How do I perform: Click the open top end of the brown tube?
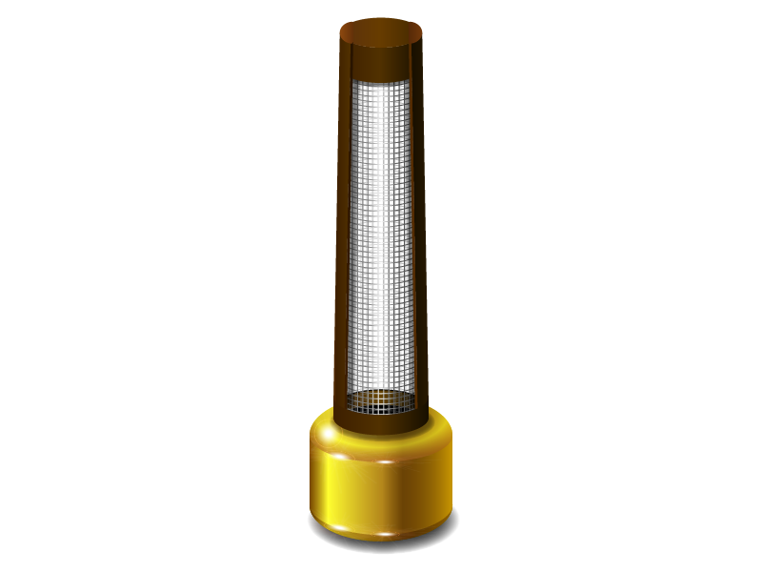pos(381,30)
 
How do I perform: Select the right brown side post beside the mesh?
pos(419,238)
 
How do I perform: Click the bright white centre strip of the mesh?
pos(381,238)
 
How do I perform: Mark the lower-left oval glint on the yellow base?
pos(333,520)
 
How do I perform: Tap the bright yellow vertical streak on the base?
pos(329,486)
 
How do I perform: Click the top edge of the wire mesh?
pos(381,81)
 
